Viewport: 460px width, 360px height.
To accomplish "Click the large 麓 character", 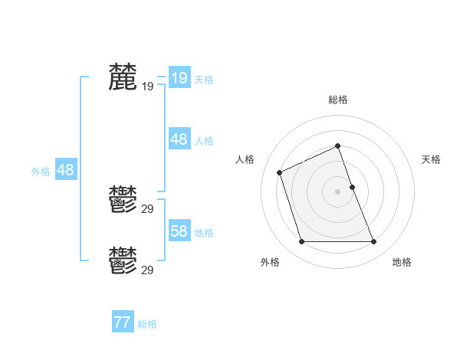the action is tap(123, 77).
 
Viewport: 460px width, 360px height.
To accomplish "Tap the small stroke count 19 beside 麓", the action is tap(147, 87).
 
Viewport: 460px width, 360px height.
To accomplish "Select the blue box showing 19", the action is tap(179, 78).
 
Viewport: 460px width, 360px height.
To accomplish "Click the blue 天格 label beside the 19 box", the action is tap(204, 79).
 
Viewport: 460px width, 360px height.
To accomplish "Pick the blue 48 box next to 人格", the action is tap(179, 139).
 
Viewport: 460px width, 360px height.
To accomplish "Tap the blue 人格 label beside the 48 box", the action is tap(204, 141).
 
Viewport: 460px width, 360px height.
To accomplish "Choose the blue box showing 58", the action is tap(179, 231).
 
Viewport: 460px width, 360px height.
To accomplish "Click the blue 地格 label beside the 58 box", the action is tap(204, 233).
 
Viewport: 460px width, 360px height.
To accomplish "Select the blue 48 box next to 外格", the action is tap(65, 170).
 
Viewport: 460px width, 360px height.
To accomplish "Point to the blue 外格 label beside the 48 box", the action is tap(41, 172).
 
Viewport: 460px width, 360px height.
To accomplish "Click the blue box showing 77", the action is tap(123, 322).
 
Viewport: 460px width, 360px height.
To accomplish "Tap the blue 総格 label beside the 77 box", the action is tap(147, 324).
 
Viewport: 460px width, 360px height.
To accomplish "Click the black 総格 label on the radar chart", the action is tap(338, 100).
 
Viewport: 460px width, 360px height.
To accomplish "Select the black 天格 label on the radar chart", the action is tap(431, 159).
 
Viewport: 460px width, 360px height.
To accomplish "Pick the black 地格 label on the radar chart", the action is tap(402, 262).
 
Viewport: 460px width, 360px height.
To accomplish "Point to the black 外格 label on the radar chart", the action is tap(270, 262).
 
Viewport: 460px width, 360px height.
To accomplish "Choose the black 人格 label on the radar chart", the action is tap(245, 159).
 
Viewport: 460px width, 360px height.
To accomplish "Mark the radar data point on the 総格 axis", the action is tap(338, 146).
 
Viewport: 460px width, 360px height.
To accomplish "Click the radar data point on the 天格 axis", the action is tap(352, 186).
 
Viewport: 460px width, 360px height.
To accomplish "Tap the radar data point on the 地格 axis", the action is tap(374, 242).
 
